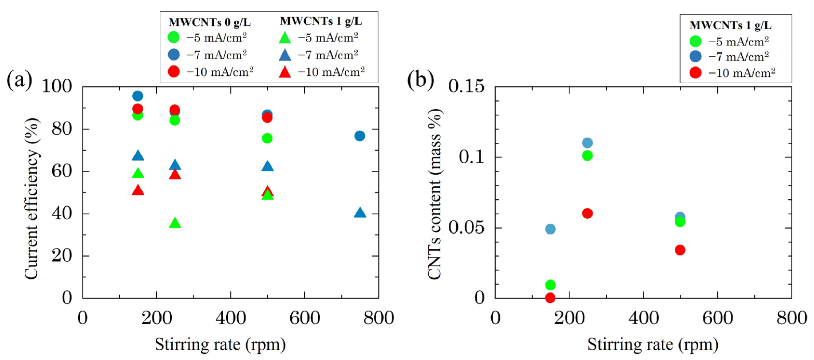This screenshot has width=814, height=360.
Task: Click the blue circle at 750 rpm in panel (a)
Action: pyautogui.click(x=360, y=136)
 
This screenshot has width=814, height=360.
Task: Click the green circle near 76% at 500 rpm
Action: pyautogui.click(x=267, y=138)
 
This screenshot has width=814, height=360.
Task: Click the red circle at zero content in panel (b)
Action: pyautogui.click(x=550, y=297)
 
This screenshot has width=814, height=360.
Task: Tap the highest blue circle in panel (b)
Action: pyautogui.click(x=587, y=143)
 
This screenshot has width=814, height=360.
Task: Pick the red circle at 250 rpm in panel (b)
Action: pyautogui.click(x=587, y=213)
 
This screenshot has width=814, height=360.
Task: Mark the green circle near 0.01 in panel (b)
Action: pyautogui.click(x=550, y=285)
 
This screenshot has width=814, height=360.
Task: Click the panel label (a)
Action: pyautogui.click(x=19, y=80)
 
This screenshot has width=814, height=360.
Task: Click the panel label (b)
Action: pyautogui.click(x=420, y=80)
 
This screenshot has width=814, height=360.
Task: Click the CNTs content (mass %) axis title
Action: pyautogui.click(x=435, y=194)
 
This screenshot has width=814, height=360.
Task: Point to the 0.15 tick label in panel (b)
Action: pyautogui.click(x=466, y=86)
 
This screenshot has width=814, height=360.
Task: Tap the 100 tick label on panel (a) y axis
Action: pyautogui.click(x=57, y=86)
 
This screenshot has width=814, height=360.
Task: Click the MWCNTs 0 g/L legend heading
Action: pyautogui.click(x=210, y=22)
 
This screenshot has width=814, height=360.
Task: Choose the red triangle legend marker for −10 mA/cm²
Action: pyautogui.click(x=285, y=72)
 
